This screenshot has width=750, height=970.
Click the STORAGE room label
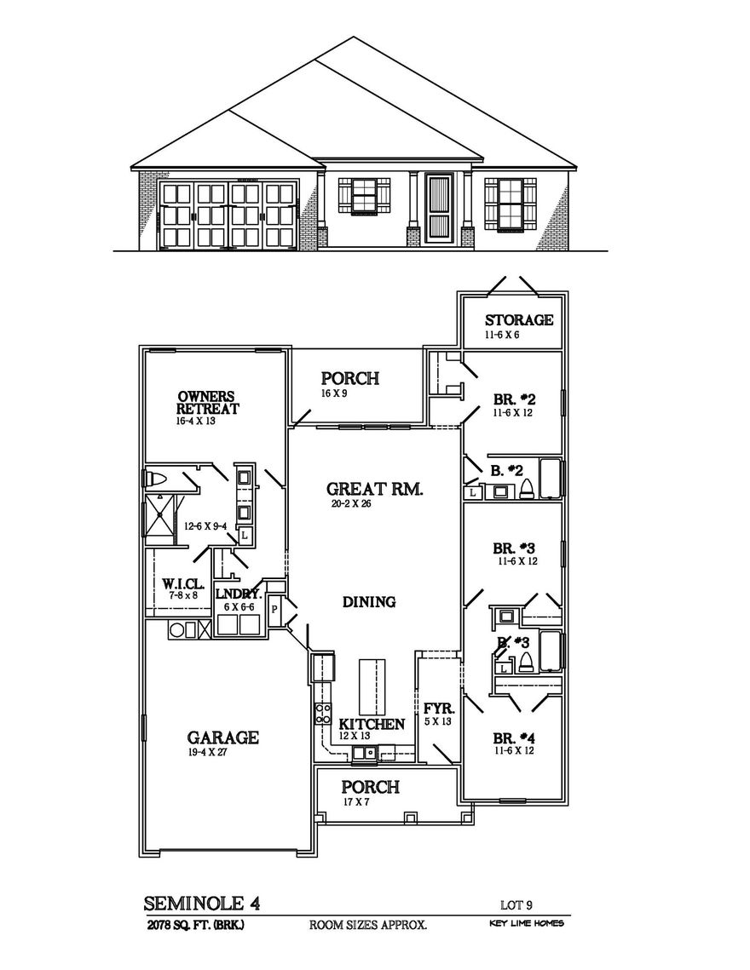pos(519,320)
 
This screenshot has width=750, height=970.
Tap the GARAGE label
pos(222,737)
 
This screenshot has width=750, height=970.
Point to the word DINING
pos(369,602)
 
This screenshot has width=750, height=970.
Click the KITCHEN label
pos(372,724)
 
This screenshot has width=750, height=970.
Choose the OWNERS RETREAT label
pos(208,403)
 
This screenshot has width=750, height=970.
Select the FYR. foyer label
pos(438,709)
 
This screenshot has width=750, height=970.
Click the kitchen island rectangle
pos(372,686)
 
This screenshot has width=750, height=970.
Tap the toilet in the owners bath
pos(159,478)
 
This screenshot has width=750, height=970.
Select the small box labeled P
pos(275,609)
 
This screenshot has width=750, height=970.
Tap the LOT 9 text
pos(516,905)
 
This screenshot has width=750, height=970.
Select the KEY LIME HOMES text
pos(526,924)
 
